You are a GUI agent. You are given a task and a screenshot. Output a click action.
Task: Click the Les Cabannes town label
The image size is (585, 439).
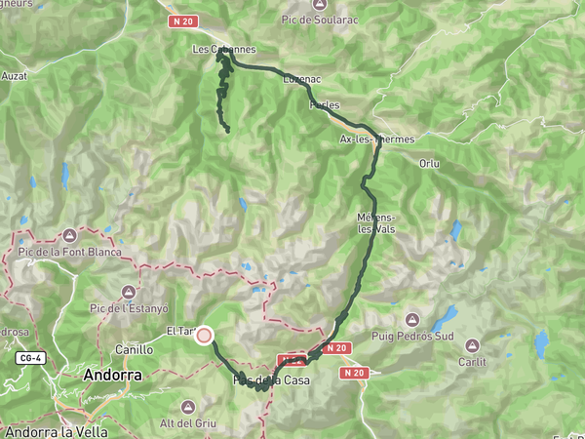tap(223, 49)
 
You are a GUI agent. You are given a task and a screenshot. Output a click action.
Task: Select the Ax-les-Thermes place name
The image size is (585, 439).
tap(376, 140)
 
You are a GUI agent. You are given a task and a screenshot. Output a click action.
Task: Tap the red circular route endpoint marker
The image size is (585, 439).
tap(205, 336)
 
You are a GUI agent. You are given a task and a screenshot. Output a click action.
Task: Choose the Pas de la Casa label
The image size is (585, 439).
tap(272, 380)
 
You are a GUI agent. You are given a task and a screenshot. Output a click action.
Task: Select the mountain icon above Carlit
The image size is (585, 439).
tap(473, 344)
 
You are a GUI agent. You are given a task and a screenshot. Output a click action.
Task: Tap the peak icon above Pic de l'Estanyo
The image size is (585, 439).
tap(129, 292)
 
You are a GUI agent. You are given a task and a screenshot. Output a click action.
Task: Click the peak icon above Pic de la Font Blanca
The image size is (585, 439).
tap(69, 235)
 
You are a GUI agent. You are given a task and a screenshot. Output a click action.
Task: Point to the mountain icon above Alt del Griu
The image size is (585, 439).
tap(187, 404)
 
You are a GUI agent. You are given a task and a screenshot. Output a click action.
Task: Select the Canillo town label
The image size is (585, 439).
tap(134, 349)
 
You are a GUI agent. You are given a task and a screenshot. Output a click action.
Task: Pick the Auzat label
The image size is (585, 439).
tap(14, 74)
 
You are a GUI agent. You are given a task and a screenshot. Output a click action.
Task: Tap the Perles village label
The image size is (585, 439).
tap(324, 104)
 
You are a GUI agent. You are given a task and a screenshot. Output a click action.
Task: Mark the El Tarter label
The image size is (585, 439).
tap(181, 331)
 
